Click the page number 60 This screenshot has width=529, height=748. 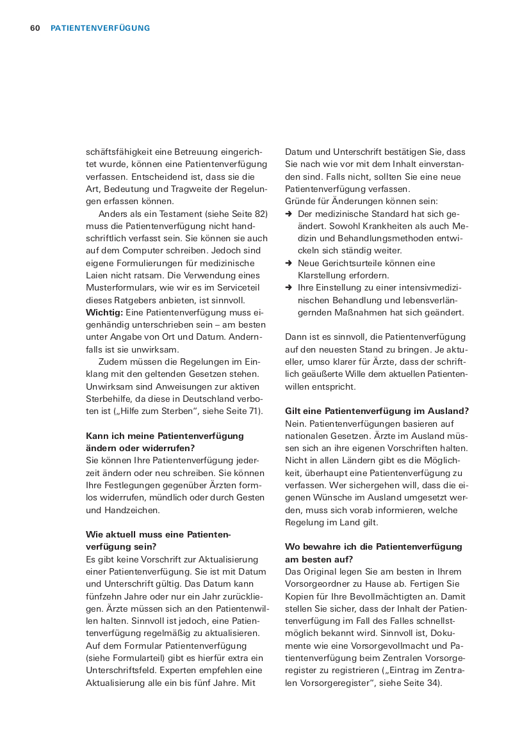click(x=35, y=28)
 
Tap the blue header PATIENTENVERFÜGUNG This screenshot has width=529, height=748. click(x=100, y=28)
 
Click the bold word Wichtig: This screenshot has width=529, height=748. click(x=104, y=312)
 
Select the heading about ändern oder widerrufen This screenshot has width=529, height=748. click(x=165, y=442)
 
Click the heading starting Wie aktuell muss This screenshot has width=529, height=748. click(x=158, y=540)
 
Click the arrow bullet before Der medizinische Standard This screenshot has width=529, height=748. click(x=289, y=214)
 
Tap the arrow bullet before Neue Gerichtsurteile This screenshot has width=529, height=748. click(x=289, y=263)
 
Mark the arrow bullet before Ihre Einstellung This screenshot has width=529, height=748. click(x=289, y=288)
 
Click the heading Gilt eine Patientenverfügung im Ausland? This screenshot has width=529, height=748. click(x=377, y=411)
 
